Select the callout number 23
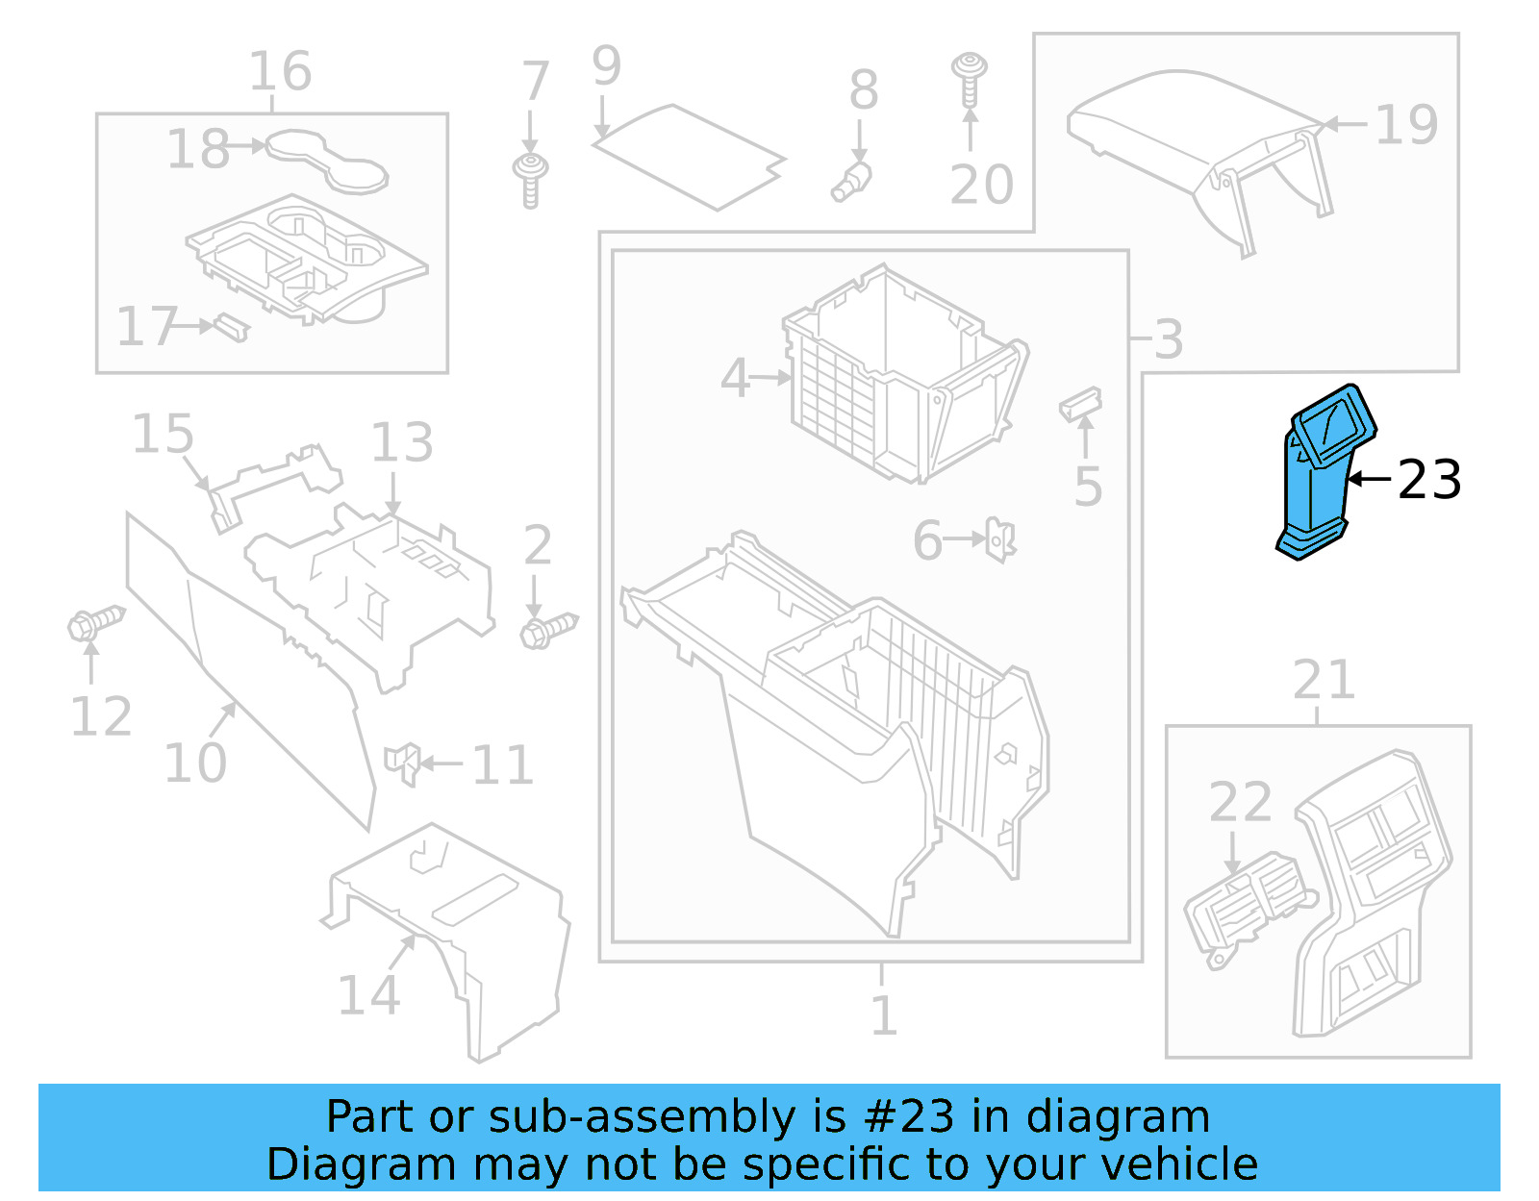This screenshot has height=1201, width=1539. [x=1429, y=480]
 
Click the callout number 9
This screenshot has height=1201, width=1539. [x=606, y=65]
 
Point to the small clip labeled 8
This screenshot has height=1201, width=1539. [x=851, y=181]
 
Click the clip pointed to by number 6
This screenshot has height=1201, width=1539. [x=1000, y=539]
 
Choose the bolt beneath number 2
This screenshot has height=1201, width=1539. [x=549, y=631]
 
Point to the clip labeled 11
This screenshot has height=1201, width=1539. [x=402, y=763]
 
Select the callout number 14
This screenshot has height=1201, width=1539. [x=368, y=995]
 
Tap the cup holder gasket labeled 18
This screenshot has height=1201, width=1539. [x=327, y=159]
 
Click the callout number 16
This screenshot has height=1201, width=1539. [x=280, y=71]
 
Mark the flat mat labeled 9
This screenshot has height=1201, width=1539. [x=688, y=156]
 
